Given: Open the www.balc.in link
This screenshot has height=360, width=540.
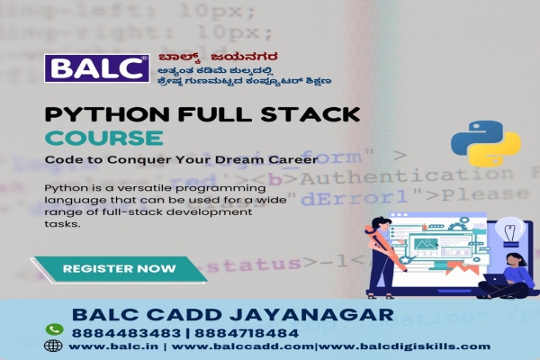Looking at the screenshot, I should tap(106, 346).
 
